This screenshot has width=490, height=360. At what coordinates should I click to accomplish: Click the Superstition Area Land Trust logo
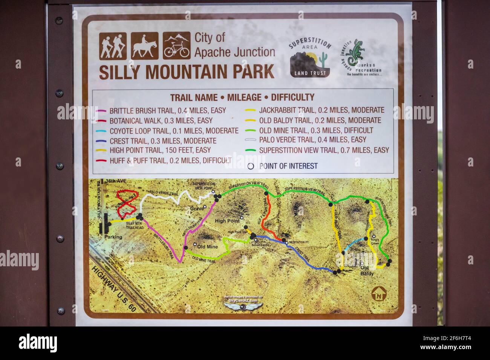(309, 59)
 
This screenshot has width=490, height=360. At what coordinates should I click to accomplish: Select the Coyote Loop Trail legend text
(174, 131)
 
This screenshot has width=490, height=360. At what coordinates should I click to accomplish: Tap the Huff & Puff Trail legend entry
(170, 160)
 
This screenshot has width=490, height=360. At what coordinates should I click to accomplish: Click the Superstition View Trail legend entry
(324, 150)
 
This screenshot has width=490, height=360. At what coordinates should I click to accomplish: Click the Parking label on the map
(113, 237)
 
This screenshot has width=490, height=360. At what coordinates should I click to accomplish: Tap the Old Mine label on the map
(208, 247)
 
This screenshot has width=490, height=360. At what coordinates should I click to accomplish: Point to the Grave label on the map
(196, 208)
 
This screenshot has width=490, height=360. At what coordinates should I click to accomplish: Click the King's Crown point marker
(374, 236)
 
